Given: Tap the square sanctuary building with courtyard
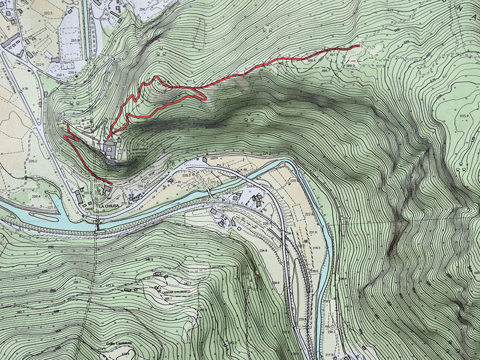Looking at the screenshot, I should (x=111, y=149).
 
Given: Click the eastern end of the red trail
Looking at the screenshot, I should (x=358, y=46).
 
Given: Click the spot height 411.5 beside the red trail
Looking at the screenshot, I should (x=191, y=81).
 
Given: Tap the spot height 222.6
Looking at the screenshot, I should (x=309, y=214).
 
